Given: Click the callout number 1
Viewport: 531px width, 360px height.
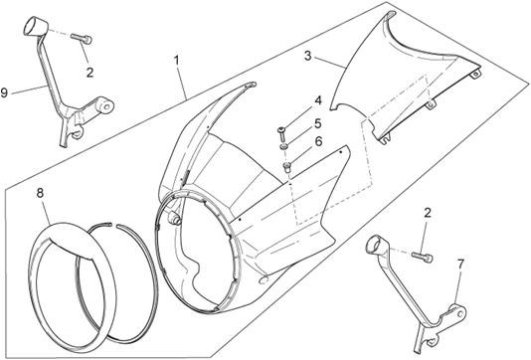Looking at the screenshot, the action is [x=176, y=61].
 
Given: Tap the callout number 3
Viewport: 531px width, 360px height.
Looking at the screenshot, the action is [x=307, y=56].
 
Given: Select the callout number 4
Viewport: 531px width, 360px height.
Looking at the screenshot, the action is [x=318, y=100].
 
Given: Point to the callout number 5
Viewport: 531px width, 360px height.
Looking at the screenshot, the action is [x=317, y=123].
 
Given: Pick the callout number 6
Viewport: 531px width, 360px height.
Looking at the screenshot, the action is [x=318, y=141].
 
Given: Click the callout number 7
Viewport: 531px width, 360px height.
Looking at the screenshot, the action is [x=461, y=265].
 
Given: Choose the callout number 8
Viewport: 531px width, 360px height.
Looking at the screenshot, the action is [x=41, y=193].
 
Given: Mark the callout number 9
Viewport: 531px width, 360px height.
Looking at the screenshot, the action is [x=4, y=92].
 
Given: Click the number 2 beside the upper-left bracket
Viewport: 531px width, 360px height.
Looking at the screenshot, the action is [x=89, y=73].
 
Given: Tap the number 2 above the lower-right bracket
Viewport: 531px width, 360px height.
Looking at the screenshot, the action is [x=428, y=213].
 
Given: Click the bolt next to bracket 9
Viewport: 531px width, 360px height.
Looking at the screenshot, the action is [x=82, y=38].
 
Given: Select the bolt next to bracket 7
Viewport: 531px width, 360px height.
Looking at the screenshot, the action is [x=423, y=257].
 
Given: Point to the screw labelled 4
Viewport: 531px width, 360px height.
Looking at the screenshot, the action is [x=281, y=135].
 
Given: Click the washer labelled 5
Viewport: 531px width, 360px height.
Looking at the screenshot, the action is [x=283, y=147].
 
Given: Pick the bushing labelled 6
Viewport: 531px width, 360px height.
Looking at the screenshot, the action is [x=287, y=167].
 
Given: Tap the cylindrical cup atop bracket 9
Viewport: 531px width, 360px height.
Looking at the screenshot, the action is [x=35, y=26].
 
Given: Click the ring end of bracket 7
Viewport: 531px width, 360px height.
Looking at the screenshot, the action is [x=377, y=245].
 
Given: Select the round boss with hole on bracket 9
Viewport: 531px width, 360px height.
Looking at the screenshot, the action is [x=104, y=105].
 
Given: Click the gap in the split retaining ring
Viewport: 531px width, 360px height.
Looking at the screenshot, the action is [x=113, y=224].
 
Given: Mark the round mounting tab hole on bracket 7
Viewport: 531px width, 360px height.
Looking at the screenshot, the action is [x=460, y=313].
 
